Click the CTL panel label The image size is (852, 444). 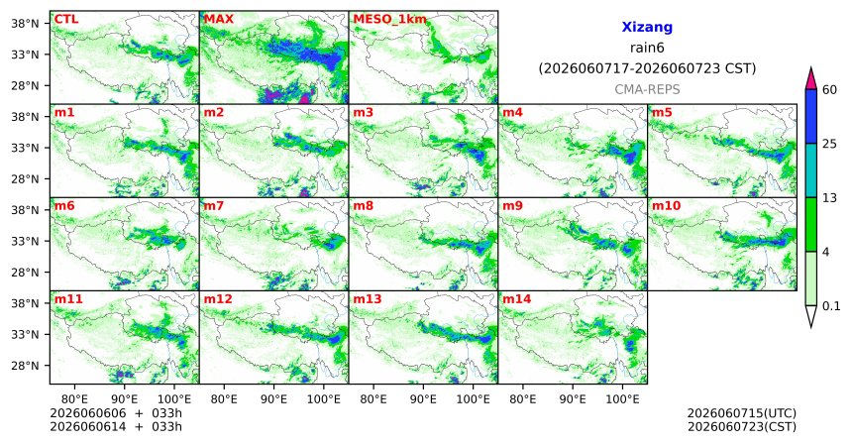(66, 20)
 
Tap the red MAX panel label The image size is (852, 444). (218, 20)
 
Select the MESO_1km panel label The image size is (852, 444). (389, 20)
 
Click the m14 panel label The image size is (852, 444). (517, 299)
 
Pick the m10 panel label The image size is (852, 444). (666, 206)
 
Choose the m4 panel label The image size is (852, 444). (512, 113)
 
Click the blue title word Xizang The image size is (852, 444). (647, 27)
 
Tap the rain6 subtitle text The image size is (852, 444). (647, 48)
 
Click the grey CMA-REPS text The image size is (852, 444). (647, 89)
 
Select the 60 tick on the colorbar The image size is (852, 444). (829, 89)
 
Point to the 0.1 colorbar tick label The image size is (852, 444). (831, 306)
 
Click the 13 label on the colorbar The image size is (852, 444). (829, 198)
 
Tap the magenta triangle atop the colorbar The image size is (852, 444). (810, 78)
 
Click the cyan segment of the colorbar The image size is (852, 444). (810, 170)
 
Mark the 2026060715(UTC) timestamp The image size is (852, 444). (742, 414)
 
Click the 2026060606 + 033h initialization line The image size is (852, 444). (116, 413)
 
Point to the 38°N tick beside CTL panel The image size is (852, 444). (26, 24)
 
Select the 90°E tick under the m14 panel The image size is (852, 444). (573, 399)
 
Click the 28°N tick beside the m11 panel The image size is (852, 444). (26, 365)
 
